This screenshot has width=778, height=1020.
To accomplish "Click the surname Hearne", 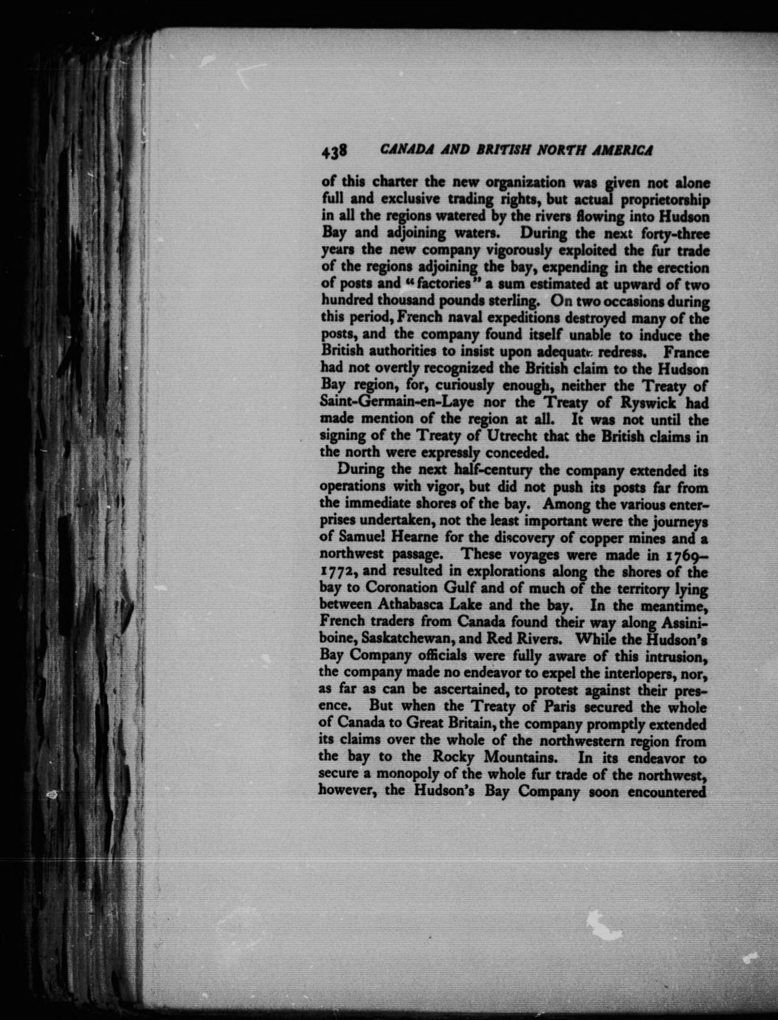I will tap(423, 539).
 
